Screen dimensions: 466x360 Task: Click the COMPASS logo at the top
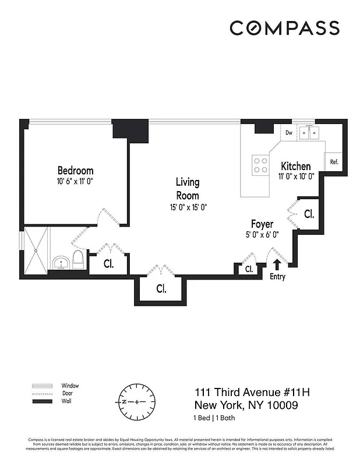[x=284, y=27]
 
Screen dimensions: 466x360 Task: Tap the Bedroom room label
[x=75, y=170]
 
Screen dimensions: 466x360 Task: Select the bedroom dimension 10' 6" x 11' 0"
[x=75, y=181]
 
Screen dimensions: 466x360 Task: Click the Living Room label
[x=187, y=189]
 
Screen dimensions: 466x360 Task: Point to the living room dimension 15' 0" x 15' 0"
[x=187, y=207]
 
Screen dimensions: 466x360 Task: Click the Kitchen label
[x=295, y=166]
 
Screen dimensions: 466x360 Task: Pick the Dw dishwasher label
[x=288, y=133]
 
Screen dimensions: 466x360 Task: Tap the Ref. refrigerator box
[x=334, y=163]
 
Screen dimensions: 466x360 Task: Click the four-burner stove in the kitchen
[x=260, y=164]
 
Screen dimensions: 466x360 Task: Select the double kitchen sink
[x=310, y=133]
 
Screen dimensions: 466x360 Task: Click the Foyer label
[x=262, y=224]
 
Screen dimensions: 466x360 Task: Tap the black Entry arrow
[x=276, y=264]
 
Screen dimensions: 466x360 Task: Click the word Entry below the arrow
[x=278, y=277]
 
